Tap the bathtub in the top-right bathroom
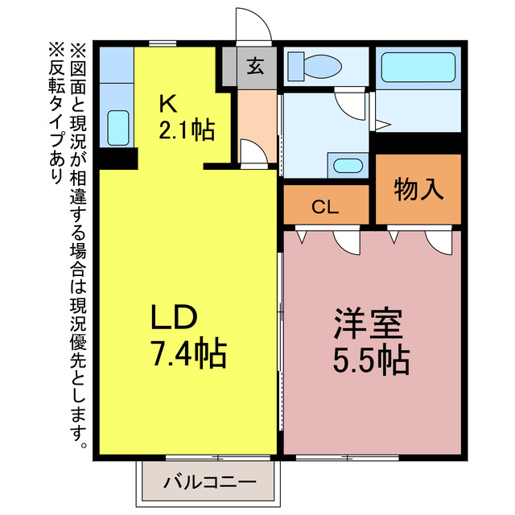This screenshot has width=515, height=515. tap(418, 68)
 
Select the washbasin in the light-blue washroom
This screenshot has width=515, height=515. tap(348, 166)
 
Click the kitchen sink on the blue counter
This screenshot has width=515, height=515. tap(117, 128)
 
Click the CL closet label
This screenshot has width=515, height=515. tap(325, 207)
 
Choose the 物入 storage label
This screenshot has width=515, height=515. tap(418, 189)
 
